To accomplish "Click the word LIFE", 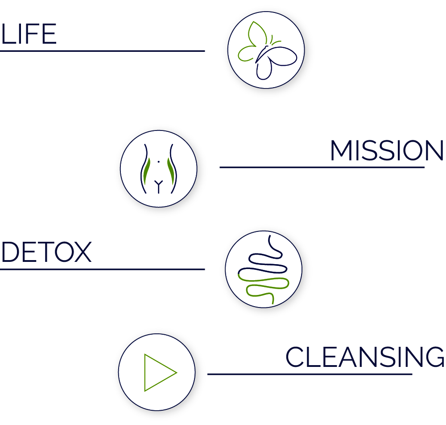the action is coord(29,34).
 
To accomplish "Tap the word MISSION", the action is coord(387,150).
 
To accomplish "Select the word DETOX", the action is coord(47,252).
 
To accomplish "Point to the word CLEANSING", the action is coord(365,357).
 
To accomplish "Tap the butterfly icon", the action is coord(267,50).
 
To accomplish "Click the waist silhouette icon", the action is coord(158,169).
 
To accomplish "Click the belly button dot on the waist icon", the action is coord(158,162).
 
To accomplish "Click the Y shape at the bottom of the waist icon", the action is coord(158,186).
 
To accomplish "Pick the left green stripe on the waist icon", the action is coord(146,171).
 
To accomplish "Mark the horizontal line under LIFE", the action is coord(103,51).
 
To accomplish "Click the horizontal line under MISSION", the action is coord(322,167).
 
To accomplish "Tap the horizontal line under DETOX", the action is coord(103,269).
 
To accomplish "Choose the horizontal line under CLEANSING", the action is coord(310,374).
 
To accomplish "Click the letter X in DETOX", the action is coord(83,252).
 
